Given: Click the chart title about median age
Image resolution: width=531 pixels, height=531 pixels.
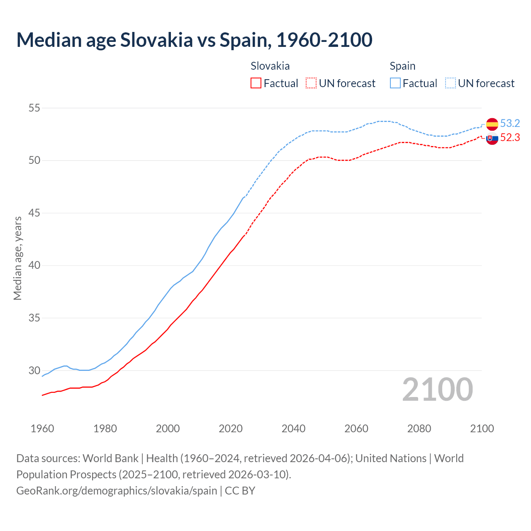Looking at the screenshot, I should click(x=194, y=40).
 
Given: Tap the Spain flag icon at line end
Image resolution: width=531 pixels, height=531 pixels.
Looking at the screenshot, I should click(x=492, y=124).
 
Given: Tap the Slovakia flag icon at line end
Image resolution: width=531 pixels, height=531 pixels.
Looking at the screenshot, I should click(x=492, y=139).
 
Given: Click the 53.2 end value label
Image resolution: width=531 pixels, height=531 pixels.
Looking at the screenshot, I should click(x=510, y=123).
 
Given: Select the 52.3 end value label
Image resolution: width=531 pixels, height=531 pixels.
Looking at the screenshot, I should click(x=510, y=137).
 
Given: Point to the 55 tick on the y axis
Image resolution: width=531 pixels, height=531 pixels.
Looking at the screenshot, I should click(x=34, y=108).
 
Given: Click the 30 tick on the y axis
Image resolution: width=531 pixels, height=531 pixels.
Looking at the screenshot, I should click(x=34, y=370).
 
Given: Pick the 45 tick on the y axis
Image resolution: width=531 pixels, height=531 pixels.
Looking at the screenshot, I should click(x=34, y=213).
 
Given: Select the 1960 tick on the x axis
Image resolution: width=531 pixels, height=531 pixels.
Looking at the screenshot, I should click(x=42, y=429).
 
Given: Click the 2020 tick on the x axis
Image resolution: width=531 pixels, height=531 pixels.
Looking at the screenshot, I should click(x=231, y=429).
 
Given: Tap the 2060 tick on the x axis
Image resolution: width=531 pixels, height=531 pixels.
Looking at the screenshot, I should click(x=356, y=429).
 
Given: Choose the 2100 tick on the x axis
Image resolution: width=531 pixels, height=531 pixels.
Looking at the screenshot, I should click(x=482, y=429).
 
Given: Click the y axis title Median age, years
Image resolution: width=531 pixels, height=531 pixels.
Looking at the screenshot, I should click(x=17, y=258).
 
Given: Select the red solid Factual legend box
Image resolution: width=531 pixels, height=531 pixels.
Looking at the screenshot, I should click(x=256, y=83).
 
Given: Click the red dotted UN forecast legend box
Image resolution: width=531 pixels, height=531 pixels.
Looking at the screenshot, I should click(x=311, y=83).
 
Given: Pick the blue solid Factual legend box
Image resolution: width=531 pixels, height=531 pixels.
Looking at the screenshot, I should click(x=395, y=83).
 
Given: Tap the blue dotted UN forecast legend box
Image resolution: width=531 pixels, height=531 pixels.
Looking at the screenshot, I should click(x=451, y=83).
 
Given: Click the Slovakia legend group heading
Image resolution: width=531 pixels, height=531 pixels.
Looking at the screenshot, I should click(x=270, y=66).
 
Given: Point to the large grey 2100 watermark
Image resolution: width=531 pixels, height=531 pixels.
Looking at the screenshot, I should click(x=437, y=390).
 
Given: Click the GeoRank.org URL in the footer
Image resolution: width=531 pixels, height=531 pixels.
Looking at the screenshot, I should click(x=117, y=491).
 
